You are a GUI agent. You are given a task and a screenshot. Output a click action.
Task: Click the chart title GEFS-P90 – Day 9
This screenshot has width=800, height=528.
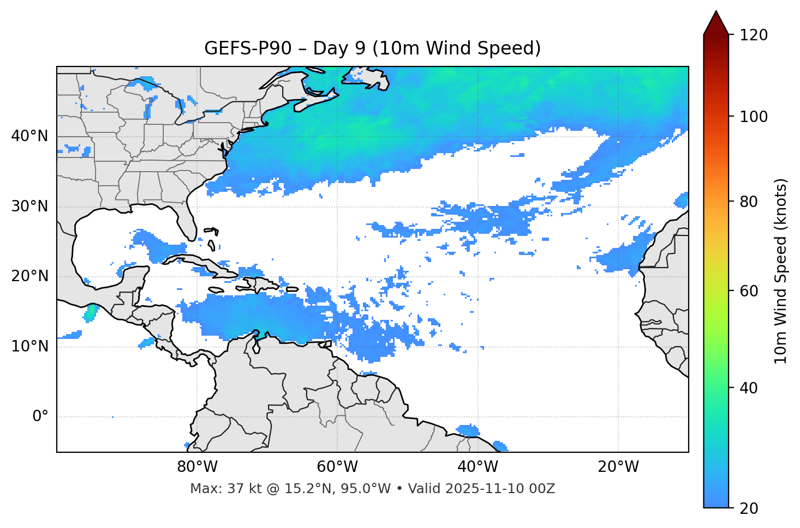click(372, 48)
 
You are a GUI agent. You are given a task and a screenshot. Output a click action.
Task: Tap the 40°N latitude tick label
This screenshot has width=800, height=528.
click(29, 136)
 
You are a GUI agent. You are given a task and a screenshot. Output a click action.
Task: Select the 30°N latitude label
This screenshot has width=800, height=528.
click(29, 207)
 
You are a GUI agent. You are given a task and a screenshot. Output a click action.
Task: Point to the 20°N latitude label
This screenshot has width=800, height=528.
click(29, 276)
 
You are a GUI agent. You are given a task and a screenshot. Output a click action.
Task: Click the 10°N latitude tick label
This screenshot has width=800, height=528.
click(29, 347)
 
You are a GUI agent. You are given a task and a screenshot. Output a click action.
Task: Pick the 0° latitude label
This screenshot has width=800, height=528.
click(40, 417)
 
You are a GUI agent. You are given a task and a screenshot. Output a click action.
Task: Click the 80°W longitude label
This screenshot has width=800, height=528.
click(197, 467)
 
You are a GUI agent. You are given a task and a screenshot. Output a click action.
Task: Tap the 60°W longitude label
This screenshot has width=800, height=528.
click(337, 467)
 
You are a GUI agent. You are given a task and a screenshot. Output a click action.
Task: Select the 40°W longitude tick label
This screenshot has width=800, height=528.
click(477, 467)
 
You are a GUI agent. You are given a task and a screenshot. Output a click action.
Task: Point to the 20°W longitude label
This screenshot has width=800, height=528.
click(618, 467)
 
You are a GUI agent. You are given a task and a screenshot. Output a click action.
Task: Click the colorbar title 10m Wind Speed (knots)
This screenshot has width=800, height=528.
click(781, 271)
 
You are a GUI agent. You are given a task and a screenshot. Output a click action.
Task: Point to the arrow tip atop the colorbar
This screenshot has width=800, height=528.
click(716, 12)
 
